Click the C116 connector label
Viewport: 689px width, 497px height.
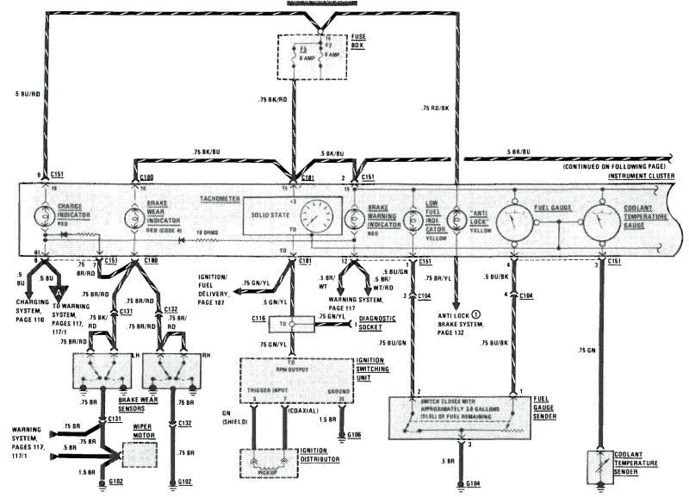pyautogui.click(x=261, y=319)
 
